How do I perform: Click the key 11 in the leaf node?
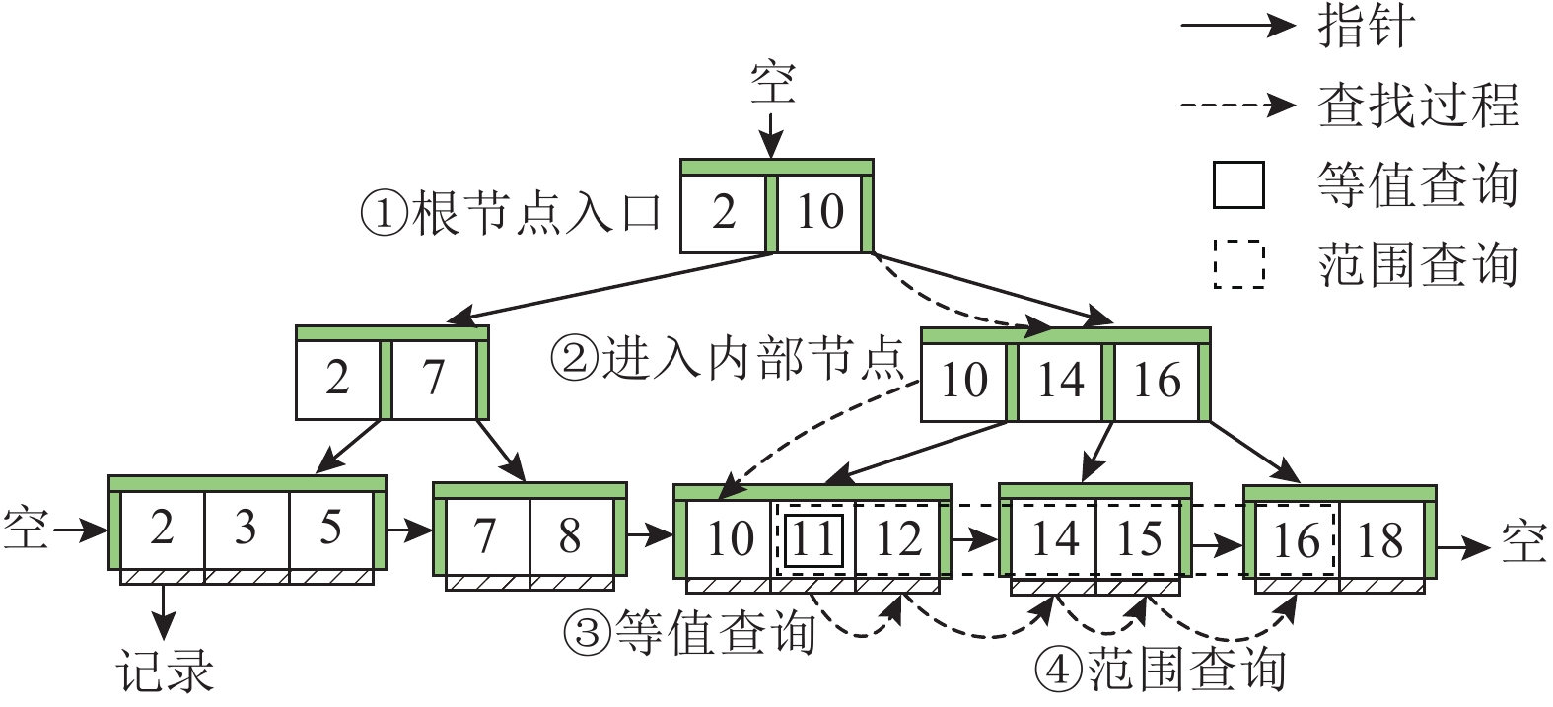[x=814, y=538]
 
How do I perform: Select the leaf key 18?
[x=1379, y=538]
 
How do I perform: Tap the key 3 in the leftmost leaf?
[x=246, y=528]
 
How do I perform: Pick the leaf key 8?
[x=570, y=535]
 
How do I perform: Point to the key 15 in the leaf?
[x=1138, y=538]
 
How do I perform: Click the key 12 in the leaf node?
[x=897, y=538]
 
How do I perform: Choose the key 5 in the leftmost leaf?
[x=330, y=528]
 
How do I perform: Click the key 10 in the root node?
[x=819, y=212]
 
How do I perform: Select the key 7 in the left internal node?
[x=434, y=378]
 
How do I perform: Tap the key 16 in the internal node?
[x=1157, y=380]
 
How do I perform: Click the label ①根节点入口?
[x=511, y=212]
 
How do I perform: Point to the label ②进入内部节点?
[x=727, y=358]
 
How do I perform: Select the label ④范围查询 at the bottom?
[x=1161, y=671]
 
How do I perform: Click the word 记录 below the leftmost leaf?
[x=165, y=672]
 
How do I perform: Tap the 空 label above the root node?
[x=772, y=83]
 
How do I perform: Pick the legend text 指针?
[x=1367, y=27]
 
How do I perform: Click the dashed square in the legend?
[x=1238, y=263]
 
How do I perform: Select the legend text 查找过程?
[x=1418, y=105]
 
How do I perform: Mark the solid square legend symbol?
[x=1238, y=184]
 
